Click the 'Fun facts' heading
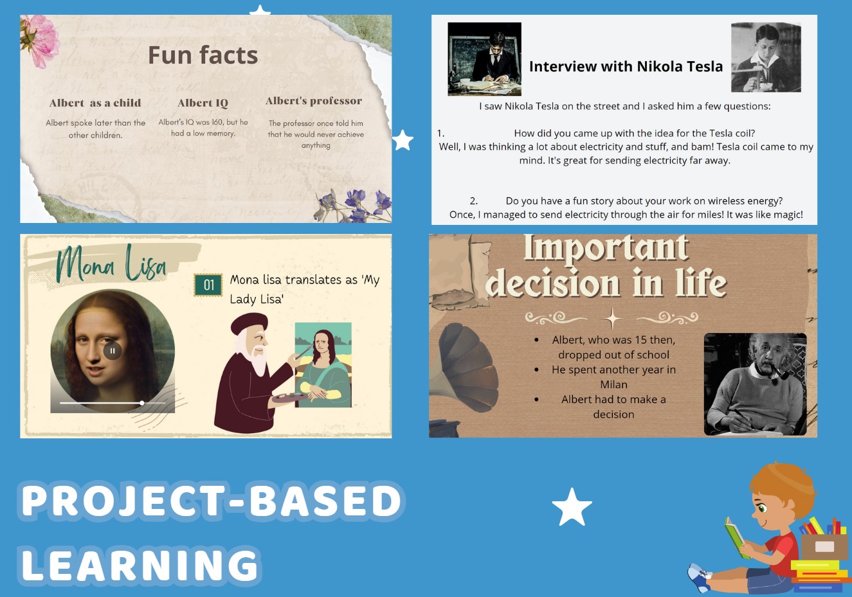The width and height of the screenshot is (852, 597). [x=203, y=55]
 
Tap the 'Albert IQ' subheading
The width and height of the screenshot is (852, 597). [x=203, y=103]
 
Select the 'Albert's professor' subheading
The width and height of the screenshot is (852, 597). [x=314, y=101]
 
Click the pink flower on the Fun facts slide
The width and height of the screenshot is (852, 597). [x=40, y=40]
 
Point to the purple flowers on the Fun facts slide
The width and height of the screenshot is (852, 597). [x=354, y=205]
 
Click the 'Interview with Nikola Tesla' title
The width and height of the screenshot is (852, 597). [x=626, y=66]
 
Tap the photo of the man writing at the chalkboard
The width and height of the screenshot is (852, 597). [x=484, y=59]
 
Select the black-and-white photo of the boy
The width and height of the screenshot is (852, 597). [x=766, y=57]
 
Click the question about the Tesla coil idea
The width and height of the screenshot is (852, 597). [x=634, y=134]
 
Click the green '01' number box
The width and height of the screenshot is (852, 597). [x=208, y=285]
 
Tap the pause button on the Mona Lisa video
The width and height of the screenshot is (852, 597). [x=113, y=351]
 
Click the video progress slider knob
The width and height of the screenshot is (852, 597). [x=142, y=403]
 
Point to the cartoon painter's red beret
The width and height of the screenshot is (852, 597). [x=249, y=323]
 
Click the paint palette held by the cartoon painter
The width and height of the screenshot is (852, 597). [x=290, y=398]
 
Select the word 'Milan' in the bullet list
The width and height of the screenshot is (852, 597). [x=613, y=384]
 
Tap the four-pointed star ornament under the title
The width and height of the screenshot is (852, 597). [x=612, y=317]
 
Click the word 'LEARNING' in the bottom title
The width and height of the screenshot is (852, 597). [x=140, y=565]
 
